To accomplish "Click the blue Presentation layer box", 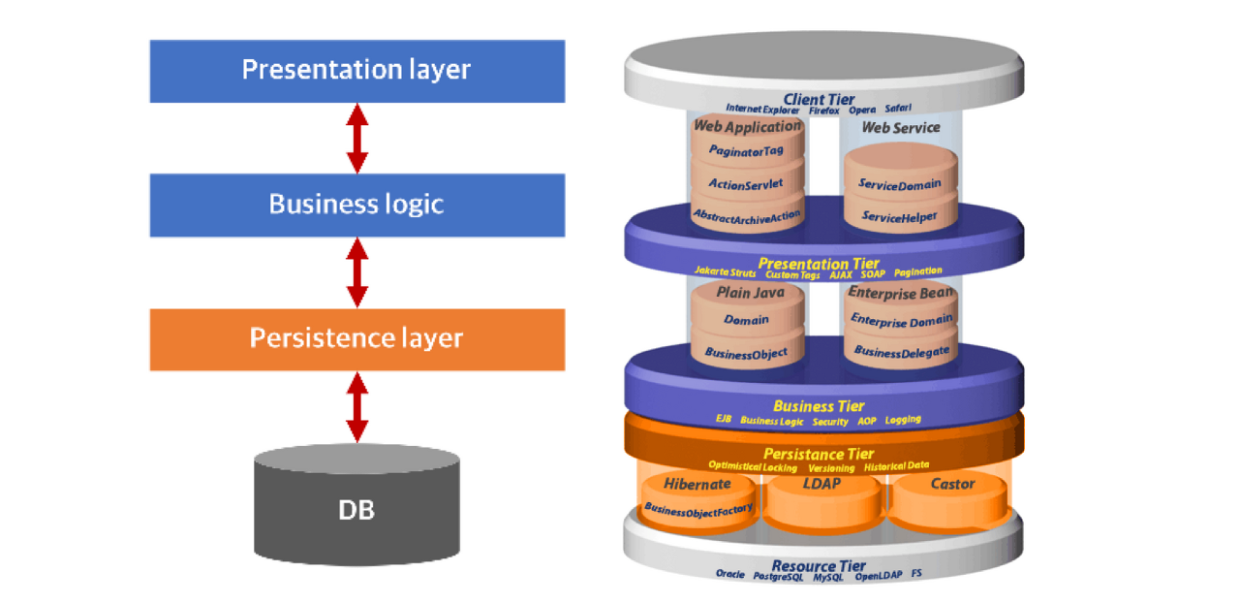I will pos(356,71).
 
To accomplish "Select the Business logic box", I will pos(356,205).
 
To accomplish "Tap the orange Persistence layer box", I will pos(356,338).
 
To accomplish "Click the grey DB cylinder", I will pos(356,509).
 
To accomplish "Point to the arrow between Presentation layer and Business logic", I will pos(357,139).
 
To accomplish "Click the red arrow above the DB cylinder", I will pos(357,408).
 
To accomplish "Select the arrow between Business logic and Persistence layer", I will pos(357,273).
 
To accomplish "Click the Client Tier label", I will pos(819,99).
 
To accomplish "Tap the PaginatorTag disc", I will pos(746,150).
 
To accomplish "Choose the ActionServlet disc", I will pos(746,183).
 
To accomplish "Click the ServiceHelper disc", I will pos(899,216).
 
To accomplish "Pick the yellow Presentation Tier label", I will pos(819,263).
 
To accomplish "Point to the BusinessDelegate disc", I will pos(901,352).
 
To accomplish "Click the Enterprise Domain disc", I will pos(901,319).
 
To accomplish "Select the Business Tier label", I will pos(819,406).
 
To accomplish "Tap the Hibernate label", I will pos(697,484).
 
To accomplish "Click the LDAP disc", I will pos(821,494).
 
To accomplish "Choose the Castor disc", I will pos(952,493).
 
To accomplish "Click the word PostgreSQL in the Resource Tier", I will pos(779,575).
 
